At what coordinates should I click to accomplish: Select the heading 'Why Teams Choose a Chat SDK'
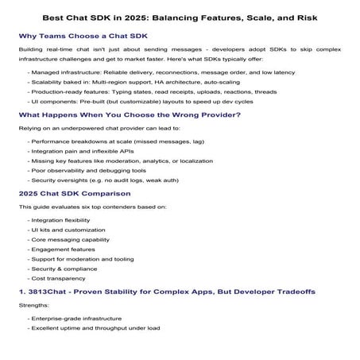point(87,36)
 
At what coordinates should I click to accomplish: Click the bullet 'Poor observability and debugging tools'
point(85,168)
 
